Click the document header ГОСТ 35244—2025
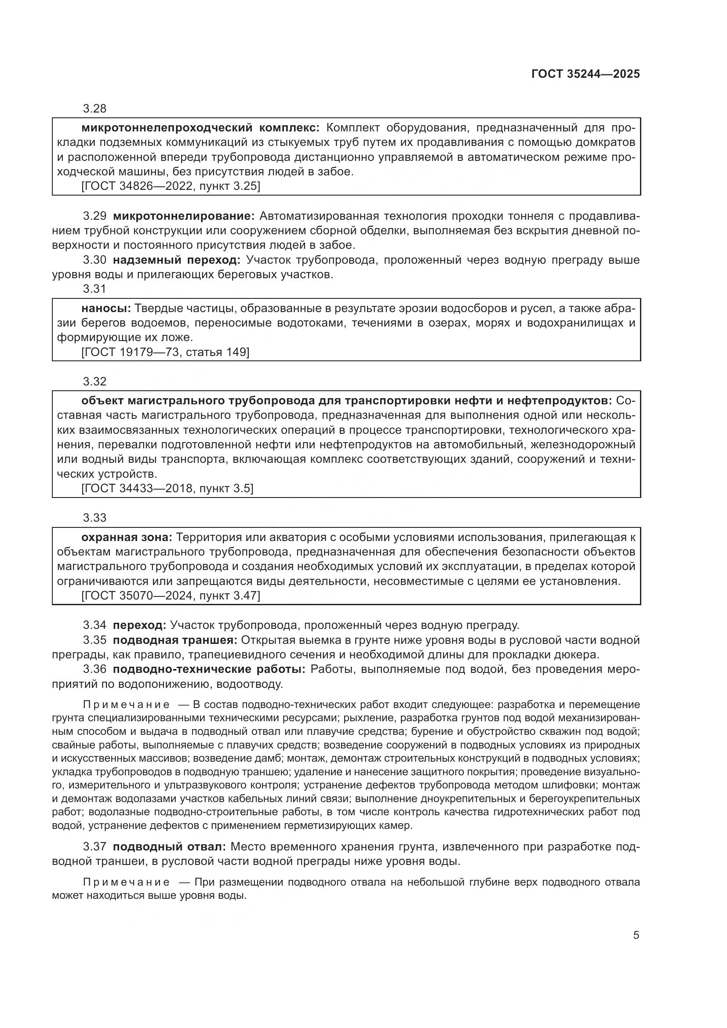(x=585, y=74)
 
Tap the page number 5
(x=636, y=935)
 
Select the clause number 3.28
(x=95, y=109)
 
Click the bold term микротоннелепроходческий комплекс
(x=200, y=128)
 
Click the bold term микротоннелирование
(x=184, y=216)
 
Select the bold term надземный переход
(x=176, y=260)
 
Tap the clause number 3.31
(x=95, y=289)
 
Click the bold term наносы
(x=106, y=309)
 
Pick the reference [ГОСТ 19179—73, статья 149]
(x=165, y=352)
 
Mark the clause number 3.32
(x=95, y=381)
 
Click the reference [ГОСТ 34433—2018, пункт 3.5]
(x=167, y=488)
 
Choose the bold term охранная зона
(x=127, y=537)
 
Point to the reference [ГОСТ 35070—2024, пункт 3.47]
(x=171, y=596)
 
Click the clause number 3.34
(x=95, y=625)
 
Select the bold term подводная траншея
(x=174, y=640)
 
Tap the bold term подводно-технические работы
(x=209, y=669)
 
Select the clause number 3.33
(x=95, y=518)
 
